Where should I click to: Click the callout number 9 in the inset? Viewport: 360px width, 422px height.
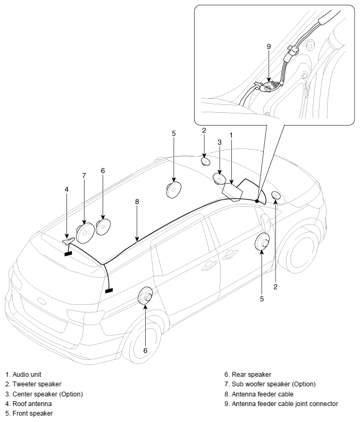pos(269,46)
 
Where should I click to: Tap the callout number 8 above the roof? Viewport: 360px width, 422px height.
pos(137,201)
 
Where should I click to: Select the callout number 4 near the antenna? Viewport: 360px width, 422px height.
pos(66,189)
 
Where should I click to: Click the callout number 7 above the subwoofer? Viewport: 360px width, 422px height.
pos(84,176)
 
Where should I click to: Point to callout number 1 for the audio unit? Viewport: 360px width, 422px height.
pos(231,135)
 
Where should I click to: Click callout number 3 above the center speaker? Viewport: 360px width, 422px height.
pos(220,142)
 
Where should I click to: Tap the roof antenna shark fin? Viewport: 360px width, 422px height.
pos(69,241)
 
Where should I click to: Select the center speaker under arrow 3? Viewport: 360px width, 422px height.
pos(220,179)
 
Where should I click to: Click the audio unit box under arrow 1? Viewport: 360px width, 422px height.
pos(232,192)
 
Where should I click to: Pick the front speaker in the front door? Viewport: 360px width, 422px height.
pos(262,242)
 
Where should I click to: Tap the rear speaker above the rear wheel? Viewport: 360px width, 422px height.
pos(145,296)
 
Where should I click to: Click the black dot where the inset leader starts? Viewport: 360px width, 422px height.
pos(257,201)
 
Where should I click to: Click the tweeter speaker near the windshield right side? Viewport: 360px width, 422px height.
pos(276,195)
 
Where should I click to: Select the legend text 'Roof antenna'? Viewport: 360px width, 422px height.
pos(32,404)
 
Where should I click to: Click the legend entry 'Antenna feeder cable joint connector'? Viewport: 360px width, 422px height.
pos(285,404)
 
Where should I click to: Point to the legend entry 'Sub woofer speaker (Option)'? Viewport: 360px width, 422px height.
pos(274,384)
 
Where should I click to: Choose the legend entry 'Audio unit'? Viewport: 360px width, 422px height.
pos(27,374)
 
